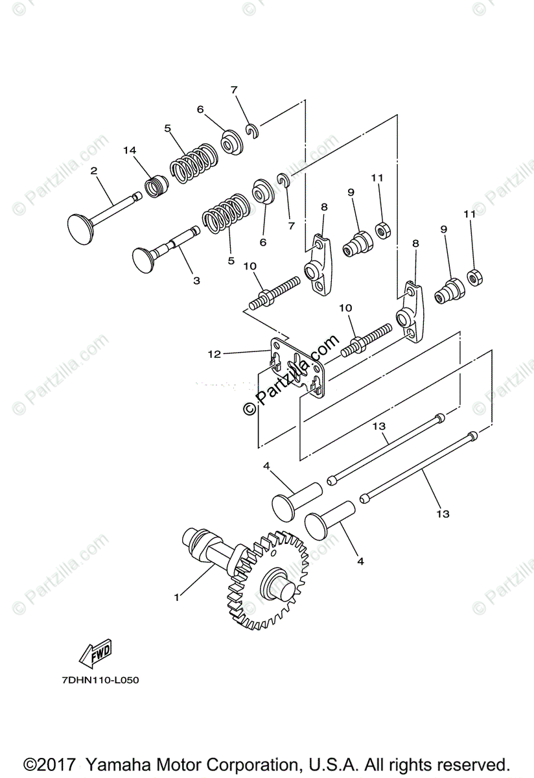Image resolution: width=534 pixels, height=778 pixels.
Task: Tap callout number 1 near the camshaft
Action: [176, 597]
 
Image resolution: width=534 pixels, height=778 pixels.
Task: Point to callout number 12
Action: [215, 354]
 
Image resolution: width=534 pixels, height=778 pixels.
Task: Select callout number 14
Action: [130, 150]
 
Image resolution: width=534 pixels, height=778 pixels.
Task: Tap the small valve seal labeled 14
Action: [155, 187]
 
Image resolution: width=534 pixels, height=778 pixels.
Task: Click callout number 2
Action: [94, 171]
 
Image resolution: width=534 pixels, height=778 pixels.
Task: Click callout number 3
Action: [196, 281]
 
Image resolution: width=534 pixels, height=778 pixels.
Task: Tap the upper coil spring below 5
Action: [194, 167]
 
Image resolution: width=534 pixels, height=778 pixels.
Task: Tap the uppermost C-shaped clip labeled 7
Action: [253, 130]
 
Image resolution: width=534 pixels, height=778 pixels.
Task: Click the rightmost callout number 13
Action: [443, 514]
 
